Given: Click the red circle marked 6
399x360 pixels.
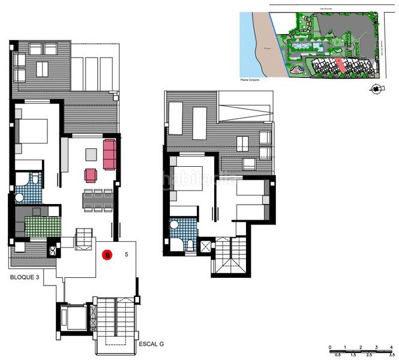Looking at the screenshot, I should pyautogui.click(x=107, y=254).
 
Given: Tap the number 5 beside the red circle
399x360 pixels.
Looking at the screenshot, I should pyautogui.click(x=126, y=254).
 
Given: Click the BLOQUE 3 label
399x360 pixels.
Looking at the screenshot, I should pyautogui.click(x=26, y=278).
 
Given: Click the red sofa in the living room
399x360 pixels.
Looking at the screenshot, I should pyautogui.click(x=109, y=154).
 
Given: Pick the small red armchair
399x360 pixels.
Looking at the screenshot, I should pyautogui.click(x=91, y=175).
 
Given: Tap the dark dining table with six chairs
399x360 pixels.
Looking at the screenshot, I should pyautogui.click(x=98, y=199).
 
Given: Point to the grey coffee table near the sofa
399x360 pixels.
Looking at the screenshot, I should pyautogui.click(x=90, y=154).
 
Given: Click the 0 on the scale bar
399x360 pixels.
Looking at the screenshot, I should pyautogui.click(x=330, y=347).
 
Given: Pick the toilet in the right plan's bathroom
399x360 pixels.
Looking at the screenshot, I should pyautogui.click(x=190, y=244).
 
